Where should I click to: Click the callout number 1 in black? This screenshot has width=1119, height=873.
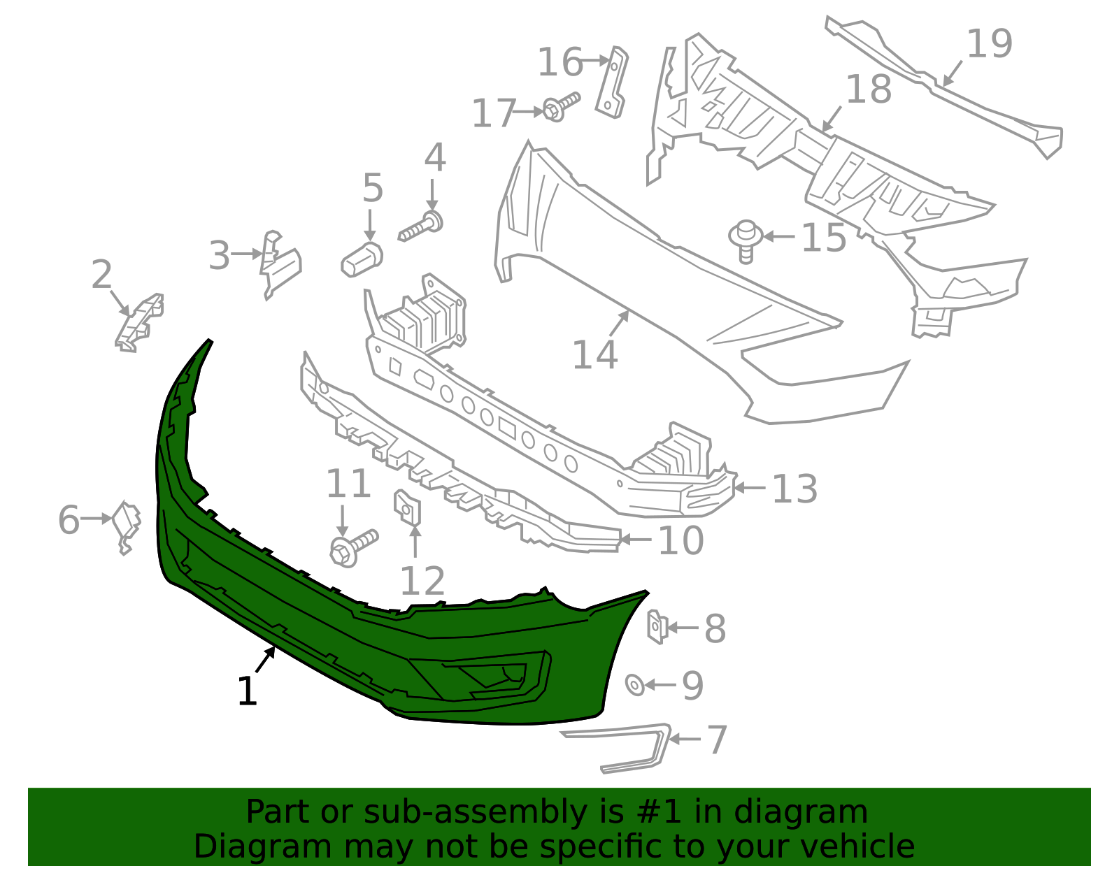(x=248, y=691)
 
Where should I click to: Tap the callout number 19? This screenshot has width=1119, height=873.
(x=989, y=43)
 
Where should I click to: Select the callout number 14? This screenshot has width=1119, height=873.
(x=594, y=354)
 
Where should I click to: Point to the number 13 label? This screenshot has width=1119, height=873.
(x=794, y=489)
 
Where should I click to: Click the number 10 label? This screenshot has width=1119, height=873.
(x=681, y=540)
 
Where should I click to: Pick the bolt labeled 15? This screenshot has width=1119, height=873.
(x=746, y=240)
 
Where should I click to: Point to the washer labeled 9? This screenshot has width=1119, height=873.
(x=635, y=685)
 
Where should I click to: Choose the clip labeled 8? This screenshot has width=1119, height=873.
(x=657, y=626)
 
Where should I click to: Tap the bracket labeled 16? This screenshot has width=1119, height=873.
(x=613, y=82)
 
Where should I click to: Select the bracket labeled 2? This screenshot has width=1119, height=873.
(x=140, y=322)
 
